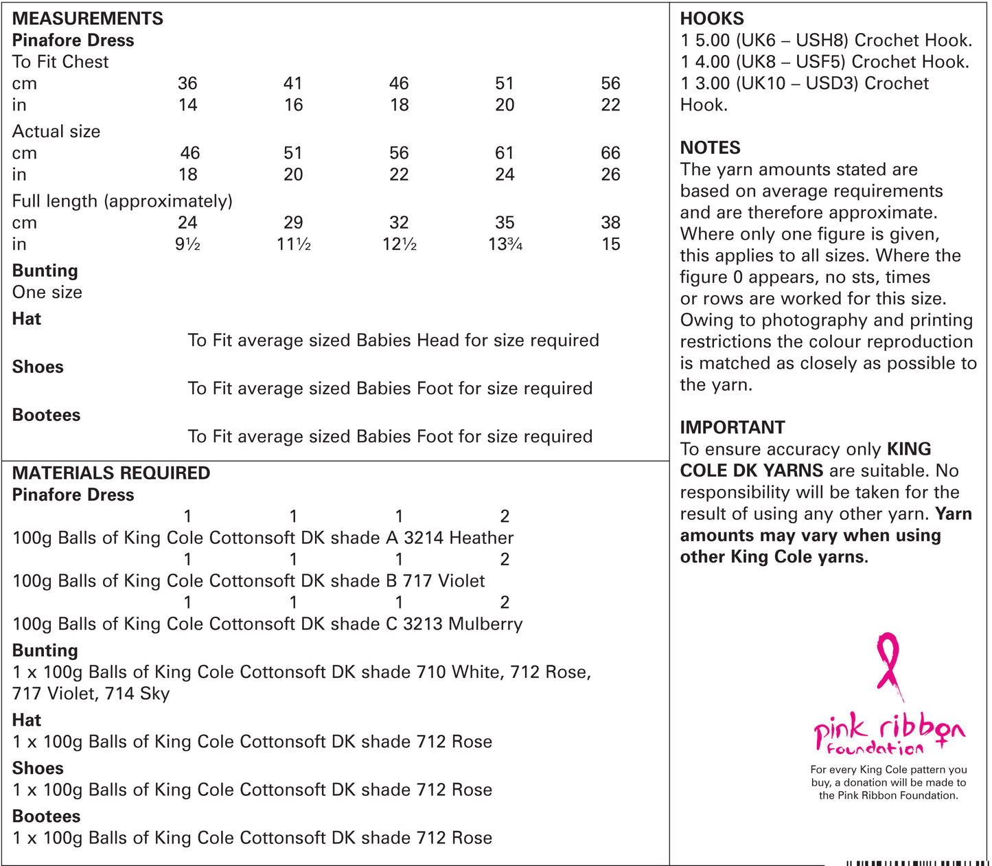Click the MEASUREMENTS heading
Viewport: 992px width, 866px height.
pyautogui.click(x=88, y=19)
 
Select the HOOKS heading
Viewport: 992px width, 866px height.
pyautogui.click(x=712, y=19)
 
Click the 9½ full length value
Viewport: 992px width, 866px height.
pyautogui.click(x=187, y=244)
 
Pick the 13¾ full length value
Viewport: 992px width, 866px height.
pyautogui.click(x=505, y=244)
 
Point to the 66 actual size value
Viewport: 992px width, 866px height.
pyautogui.click(x=610, y=153)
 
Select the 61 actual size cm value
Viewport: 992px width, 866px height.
pyautogui.click(x=505, y=153)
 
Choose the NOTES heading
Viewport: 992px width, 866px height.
pyautogui.click(x=710, y=148)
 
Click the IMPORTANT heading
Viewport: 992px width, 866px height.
pyautogui.click(x=732, y=427)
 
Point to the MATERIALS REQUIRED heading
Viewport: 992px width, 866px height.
pyautogui.click(x=111, y=473)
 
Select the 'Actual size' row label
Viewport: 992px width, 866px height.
pyautogui.click(x=56, y=131)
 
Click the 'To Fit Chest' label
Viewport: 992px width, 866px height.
pyautogui.click(x=60, y=62)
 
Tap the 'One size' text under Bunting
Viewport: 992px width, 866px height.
pyautogui.click(x=47, y=293)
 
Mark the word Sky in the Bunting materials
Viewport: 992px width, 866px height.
pyautogui.click(x=154, y=694)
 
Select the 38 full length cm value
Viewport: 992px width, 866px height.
pyautogui.click(x=610, y=223)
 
